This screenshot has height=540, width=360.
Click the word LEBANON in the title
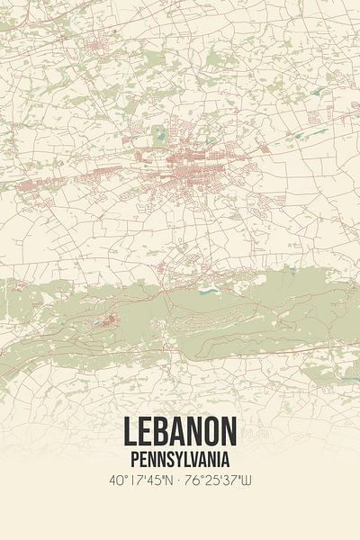click(180, 429)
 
